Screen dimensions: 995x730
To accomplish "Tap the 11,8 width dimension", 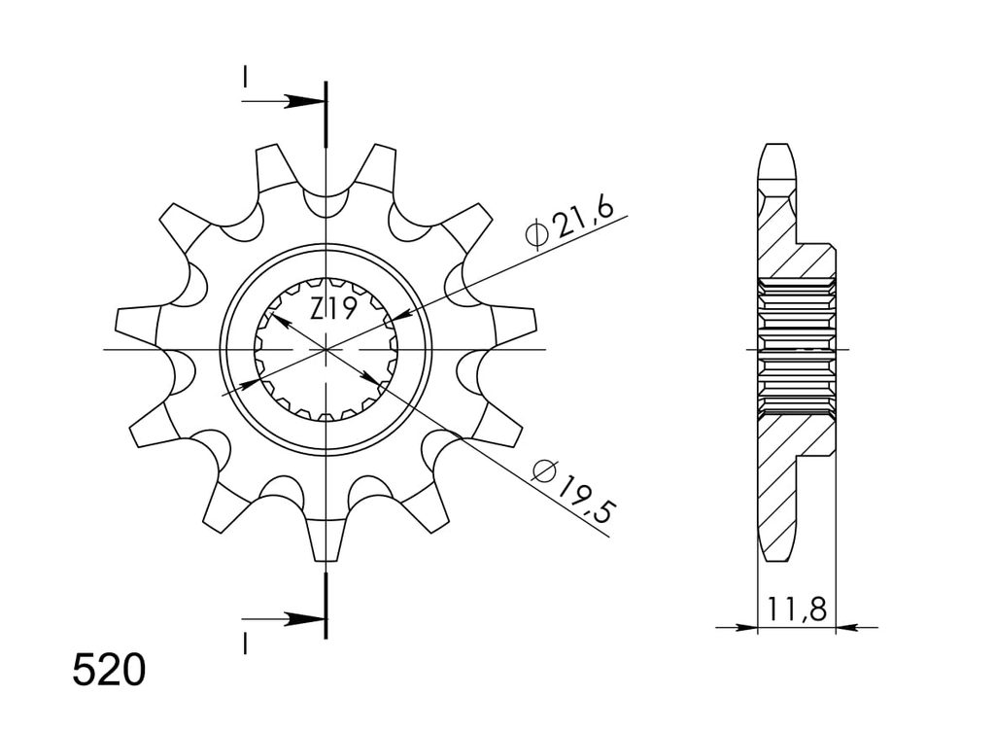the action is (x=797, y=609).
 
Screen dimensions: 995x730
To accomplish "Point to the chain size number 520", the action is (x=109, y=671).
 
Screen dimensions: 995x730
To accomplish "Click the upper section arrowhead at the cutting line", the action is (x=303, y=101).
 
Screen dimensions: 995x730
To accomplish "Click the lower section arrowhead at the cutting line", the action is (x=303, y=619).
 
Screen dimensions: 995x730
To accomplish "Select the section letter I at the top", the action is (x=245, y=78).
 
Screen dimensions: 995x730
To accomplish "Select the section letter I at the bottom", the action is (x=245, y=643).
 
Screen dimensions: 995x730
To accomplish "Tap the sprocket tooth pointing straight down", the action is (x=326, y=539).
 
